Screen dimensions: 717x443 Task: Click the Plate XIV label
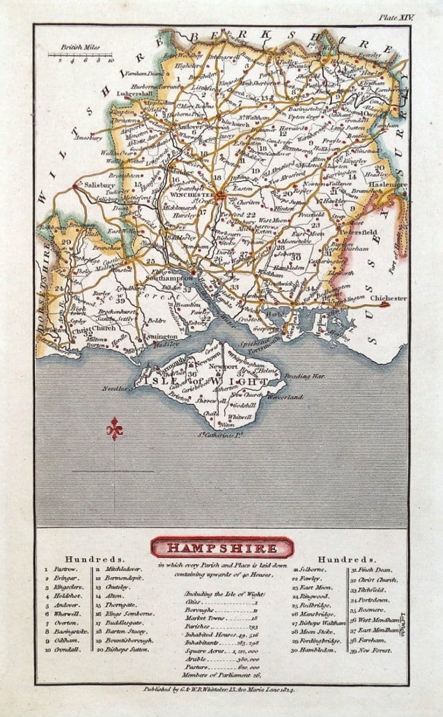click(397, 18)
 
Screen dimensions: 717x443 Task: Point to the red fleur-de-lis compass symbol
click(114, 428)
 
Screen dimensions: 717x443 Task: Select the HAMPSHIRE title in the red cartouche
click(222, 548)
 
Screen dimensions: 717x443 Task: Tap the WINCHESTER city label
click(198, 196)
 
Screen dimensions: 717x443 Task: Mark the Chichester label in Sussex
click(389, 298)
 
